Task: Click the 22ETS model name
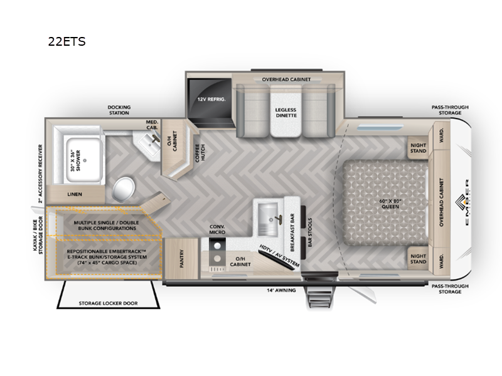point(66,43)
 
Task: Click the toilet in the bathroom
point(124,186)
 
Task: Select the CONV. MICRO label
point(217,230)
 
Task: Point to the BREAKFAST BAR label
point(292,221)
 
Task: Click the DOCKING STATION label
point(119,111)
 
